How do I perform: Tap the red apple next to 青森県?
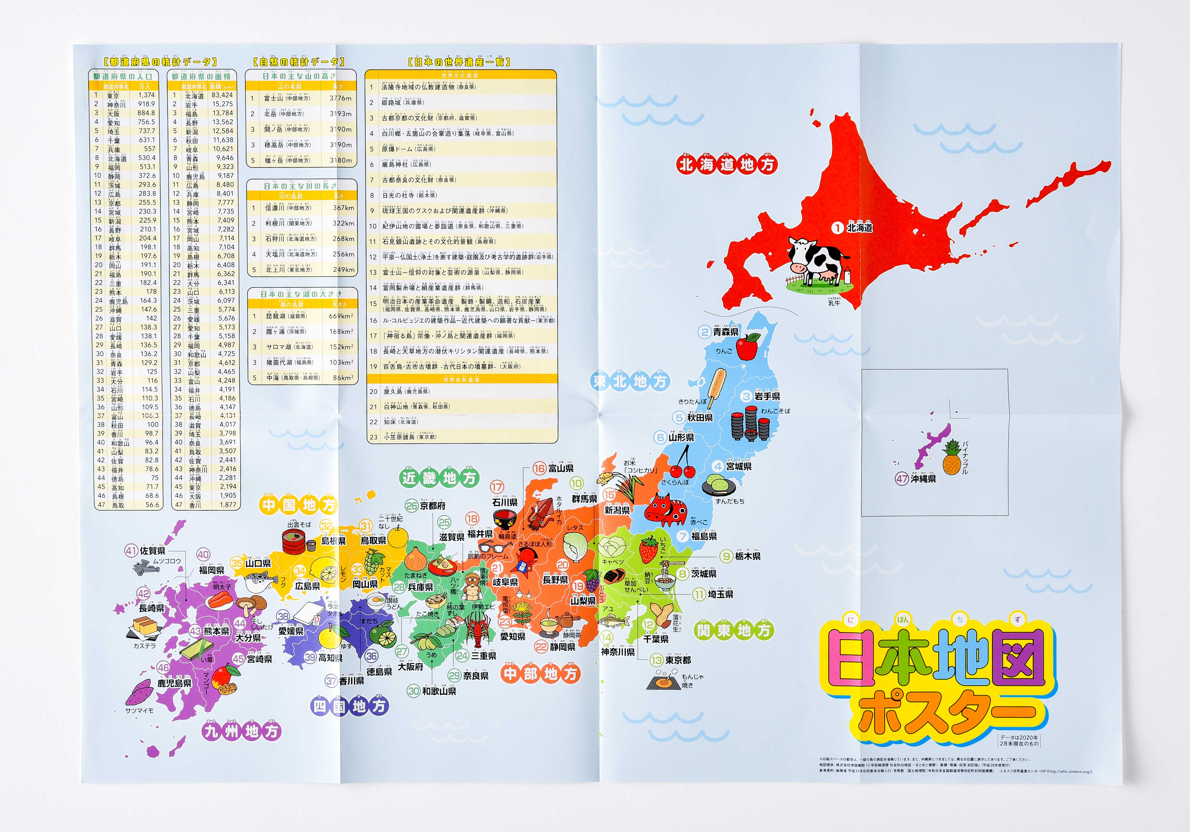(x=747, y=347)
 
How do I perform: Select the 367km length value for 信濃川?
(x=343, y=208)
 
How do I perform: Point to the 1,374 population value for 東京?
(x=146, y=95)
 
